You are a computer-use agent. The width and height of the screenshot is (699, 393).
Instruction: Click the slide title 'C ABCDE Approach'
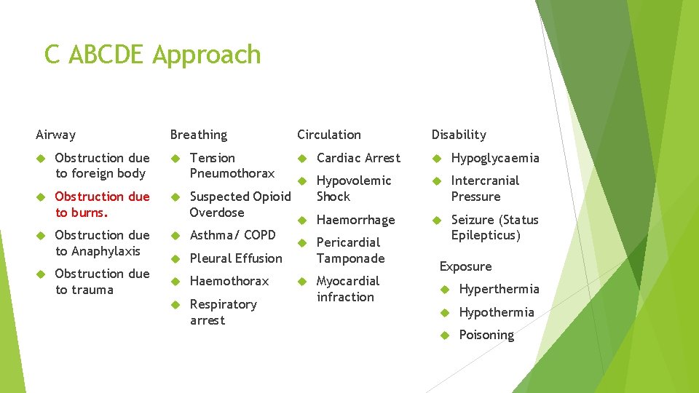click(152, 55)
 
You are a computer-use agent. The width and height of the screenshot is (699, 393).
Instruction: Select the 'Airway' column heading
click(55, 135)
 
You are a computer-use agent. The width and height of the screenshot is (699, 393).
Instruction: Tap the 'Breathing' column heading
click(198, 135)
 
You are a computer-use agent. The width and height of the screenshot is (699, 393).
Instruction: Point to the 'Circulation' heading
click(328, 135)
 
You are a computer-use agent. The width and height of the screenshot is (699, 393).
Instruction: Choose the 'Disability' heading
click(458, 135)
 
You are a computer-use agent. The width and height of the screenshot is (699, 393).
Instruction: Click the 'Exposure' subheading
click(465, 266)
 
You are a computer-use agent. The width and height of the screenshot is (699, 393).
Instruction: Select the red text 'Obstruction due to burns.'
click(101, 205)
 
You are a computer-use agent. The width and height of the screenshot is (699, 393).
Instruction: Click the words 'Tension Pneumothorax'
click(232, 165)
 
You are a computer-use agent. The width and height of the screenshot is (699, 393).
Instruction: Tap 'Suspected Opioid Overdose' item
click(240, 205)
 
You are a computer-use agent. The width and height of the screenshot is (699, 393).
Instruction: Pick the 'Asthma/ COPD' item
click(232, 235)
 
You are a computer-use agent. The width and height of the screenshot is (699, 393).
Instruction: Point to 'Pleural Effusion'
click(235, 258)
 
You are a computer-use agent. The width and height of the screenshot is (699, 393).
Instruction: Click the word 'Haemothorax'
click(229, 281)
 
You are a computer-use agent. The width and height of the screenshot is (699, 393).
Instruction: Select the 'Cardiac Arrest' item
click(358, 158)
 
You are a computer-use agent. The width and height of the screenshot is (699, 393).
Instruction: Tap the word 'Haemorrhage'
click(355, 220)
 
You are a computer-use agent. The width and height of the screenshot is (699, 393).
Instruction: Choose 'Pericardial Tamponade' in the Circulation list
click(350, 250)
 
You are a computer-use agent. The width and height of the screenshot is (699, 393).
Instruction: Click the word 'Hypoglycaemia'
click(495, 158)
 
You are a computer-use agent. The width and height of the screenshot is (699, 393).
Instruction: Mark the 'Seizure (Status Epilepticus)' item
click(494, 228)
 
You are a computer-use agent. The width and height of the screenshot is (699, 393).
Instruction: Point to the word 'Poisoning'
click(486, 335)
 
